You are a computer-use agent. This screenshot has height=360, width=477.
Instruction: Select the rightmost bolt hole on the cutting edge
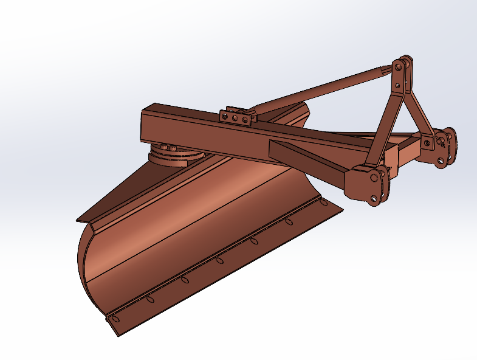(x=323, y=202)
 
